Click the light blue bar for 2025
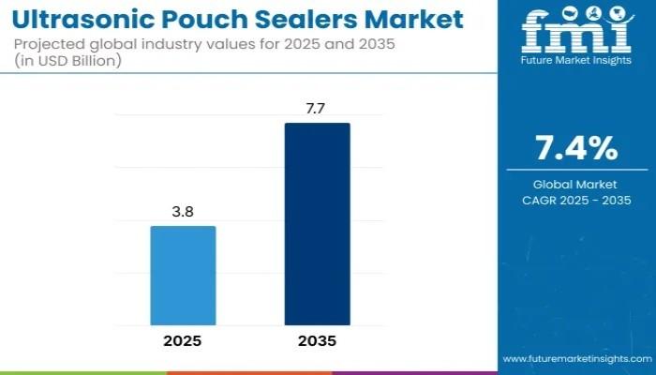pos(183,276)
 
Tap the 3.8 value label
pos(183,213)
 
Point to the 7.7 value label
pos(317,110)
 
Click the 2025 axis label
pos(183,341)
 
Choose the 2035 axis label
pos(317,341)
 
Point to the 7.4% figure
pos(575,147)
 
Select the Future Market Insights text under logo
pos(575,64)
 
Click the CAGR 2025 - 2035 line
pos(575,201)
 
